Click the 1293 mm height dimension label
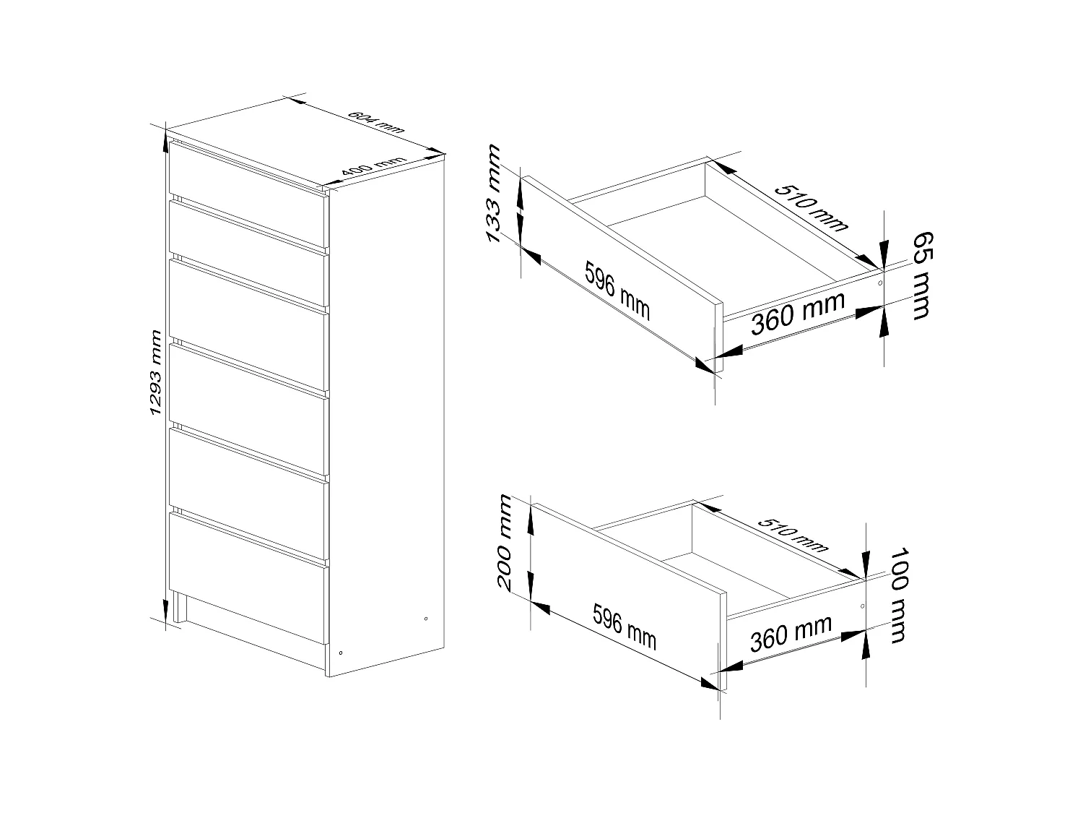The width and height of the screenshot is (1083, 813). (155, 373)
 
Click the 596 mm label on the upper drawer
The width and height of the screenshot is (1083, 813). (617, 291)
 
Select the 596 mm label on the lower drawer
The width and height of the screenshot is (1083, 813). (625, 627)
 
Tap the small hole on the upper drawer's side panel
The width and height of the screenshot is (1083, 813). (879, 283)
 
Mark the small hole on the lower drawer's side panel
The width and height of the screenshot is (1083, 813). (862, 605)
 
